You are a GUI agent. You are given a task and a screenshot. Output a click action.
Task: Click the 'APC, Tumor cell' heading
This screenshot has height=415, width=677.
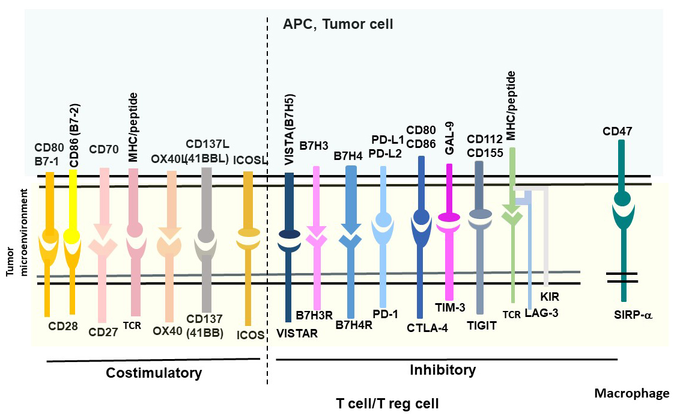338,25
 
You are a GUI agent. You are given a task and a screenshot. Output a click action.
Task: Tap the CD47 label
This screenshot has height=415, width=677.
621,131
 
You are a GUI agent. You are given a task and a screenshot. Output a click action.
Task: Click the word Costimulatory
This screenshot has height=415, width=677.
154,373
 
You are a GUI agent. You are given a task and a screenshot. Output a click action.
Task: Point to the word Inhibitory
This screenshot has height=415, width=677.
442,369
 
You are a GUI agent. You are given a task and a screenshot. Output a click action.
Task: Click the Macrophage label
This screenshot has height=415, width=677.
631,393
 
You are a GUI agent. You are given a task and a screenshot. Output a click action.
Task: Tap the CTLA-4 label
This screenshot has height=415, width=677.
427,328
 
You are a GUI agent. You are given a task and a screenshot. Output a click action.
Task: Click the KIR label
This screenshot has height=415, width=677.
549,297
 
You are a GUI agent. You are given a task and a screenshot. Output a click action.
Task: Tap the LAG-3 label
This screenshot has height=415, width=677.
541,312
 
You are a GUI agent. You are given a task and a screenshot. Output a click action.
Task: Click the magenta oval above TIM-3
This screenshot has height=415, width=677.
449,217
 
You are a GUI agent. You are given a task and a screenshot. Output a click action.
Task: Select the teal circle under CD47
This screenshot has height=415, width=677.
622,198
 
